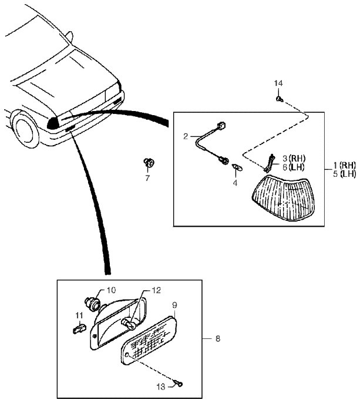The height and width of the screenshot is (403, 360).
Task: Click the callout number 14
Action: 278,83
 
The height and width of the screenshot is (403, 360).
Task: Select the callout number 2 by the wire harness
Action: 186,136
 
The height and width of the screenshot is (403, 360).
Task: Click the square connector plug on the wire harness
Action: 221,126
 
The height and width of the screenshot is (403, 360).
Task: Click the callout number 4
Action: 235,183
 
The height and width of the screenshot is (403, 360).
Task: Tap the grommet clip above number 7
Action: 149,163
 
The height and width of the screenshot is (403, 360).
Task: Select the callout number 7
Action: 147,178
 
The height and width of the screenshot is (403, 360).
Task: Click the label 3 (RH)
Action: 294,159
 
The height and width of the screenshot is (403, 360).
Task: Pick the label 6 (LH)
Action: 293,167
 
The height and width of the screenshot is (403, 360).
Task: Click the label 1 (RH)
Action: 344,165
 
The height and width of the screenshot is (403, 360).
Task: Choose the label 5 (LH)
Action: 344,174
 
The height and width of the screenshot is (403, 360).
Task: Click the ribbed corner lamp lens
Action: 283,197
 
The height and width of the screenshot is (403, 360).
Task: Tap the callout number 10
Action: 111,290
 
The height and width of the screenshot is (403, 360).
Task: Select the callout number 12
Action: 156,290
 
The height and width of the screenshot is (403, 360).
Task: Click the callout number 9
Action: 175,305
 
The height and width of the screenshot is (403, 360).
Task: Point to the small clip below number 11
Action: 79,329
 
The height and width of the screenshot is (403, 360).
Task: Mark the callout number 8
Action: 218,339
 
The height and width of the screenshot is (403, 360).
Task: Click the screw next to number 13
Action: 179,384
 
